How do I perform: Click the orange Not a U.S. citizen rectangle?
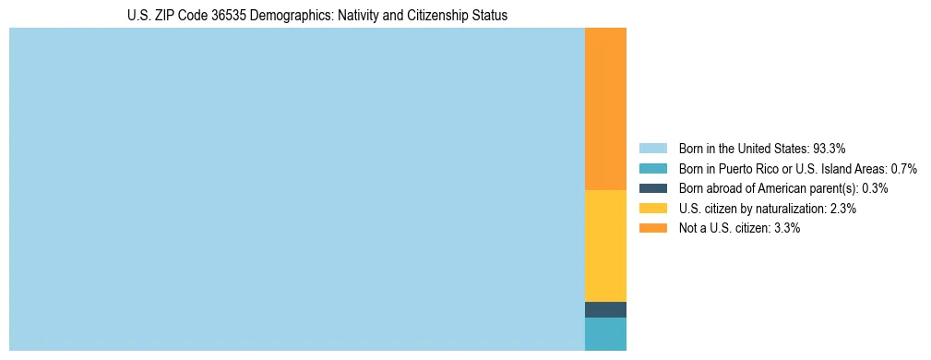pos(605,109)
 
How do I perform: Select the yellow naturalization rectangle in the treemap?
pos(605,246)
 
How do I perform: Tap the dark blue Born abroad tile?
pos(605,310)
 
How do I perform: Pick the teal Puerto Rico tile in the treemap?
pos(605,334)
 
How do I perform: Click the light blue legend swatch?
pos(652,148)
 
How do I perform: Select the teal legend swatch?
pos(652,168)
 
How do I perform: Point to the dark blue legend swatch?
pos(652,188)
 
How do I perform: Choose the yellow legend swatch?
pos(652,209)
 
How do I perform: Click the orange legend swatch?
pos(652,228)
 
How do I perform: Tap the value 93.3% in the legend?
pos(830,148)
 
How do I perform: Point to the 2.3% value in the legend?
pos(842,209)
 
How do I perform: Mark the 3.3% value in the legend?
pos(786,228)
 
